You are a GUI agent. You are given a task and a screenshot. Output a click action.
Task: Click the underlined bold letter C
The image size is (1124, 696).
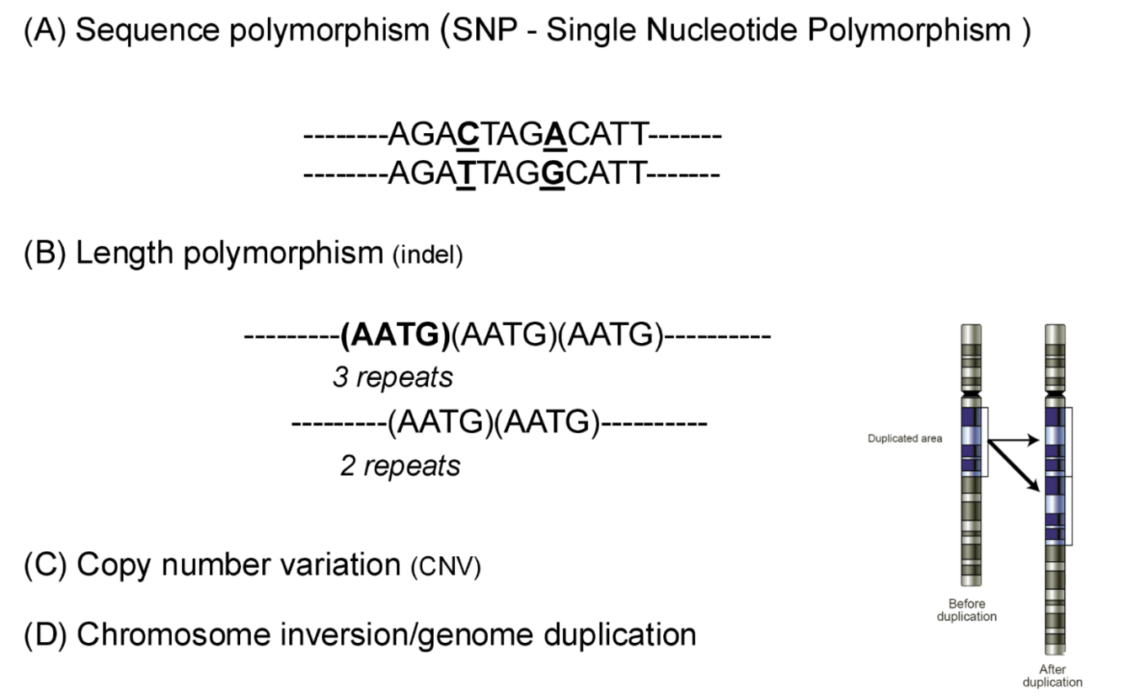tap(468, 134)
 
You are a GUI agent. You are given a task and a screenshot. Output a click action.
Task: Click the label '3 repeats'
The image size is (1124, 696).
tap(393, 377)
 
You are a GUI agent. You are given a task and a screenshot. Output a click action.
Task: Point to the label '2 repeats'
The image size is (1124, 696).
tap(400, 465)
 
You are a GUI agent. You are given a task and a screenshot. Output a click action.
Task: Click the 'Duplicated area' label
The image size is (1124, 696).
tap(905, 438)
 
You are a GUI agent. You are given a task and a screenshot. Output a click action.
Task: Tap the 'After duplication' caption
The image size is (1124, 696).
tap(1052, 676)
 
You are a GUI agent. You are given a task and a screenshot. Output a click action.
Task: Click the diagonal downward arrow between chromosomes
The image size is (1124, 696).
tap(1014, 464)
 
